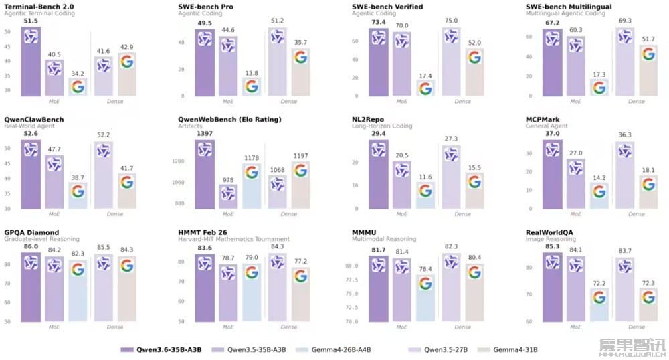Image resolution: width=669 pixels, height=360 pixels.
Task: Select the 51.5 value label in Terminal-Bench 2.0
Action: [31, 21]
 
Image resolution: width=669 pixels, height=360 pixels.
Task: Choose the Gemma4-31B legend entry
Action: [514, 349]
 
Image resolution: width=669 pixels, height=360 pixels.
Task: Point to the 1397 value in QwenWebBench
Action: [205, 134]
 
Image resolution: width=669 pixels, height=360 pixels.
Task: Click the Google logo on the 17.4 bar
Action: [425, 88]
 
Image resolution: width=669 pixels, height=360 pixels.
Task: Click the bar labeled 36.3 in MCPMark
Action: [625, 174]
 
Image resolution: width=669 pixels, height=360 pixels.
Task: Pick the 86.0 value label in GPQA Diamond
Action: [31, 247]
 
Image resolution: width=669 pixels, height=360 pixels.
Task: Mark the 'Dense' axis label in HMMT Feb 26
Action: [289, 327]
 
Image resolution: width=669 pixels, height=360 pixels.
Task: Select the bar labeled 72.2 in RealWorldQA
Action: [599, 304]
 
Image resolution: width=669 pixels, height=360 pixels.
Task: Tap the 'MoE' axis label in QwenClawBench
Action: [54, 214]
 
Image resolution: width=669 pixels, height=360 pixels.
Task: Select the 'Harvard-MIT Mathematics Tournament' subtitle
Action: [233, 239]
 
